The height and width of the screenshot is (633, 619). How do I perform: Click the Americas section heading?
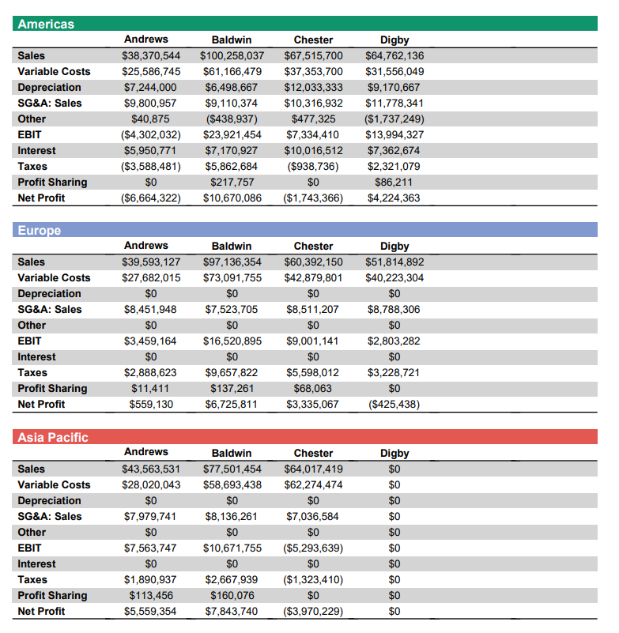coord(46,24)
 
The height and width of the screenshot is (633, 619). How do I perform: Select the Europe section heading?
coord(40,231)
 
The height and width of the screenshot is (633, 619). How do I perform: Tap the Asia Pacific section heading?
coord(53,437)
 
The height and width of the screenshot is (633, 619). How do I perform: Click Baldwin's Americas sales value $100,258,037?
coord(232,56)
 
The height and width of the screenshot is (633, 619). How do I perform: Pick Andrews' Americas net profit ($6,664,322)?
coord(151,198)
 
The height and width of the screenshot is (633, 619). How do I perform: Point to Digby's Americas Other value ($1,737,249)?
coord(394,119)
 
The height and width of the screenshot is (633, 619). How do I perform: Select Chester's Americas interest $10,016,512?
coord(313,151)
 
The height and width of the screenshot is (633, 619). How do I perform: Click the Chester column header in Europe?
coord(313,247)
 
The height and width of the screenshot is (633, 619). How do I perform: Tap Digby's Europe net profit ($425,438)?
coord(394,405)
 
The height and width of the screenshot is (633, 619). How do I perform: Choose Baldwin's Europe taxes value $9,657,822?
coord(232,373)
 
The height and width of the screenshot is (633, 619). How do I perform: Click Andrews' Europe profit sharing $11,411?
coord(150,389)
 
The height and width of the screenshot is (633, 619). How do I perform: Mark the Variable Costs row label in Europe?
coord(54,278)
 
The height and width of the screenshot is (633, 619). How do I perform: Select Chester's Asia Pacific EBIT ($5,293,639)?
coord(313,548)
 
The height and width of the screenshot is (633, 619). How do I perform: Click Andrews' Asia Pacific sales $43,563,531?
coord(151,469)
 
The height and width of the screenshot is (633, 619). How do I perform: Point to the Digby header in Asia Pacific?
coord(394,454)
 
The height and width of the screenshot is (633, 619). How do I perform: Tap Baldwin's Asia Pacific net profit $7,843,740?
coord(232,612)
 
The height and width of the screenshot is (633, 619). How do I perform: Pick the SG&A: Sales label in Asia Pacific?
coord(50,517)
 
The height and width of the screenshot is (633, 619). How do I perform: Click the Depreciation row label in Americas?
coord(49,88)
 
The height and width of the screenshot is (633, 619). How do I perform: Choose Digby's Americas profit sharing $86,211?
coord(394,183)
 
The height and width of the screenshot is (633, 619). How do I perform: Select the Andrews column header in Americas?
coord(146,40)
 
